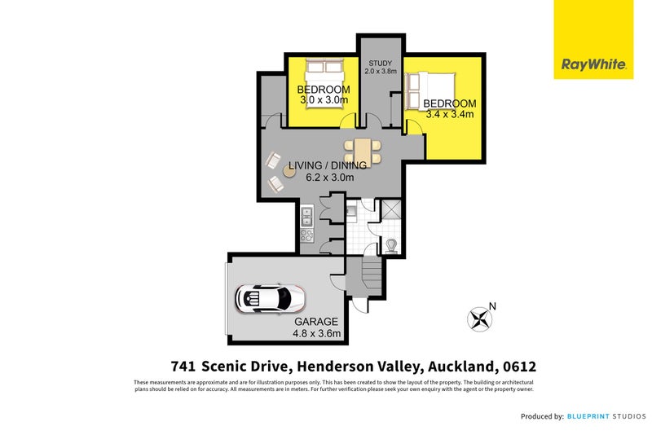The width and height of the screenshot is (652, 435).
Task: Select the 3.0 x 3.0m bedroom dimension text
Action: coord(323,100)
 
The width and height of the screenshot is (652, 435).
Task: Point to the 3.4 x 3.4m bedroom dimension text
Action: coord(449,115)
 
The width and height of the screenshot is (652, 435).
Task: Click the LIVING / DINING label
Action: coord(327,166)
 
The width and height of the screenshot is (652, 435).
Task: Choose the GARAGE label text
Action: coord(317,322)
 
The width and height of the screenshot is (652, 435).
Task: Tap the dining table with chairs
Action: coord(362,152)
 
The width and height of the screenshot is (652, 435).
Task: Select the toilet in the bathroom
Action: coord(390,243)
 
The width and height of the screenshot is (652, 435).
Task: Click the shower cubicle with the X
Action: coord(390,211)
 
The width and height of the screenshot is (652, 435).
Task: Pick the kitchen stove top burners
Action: coord(307,236)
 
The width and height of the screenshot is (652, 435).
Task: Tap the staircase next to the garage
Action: coord(371,272)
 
